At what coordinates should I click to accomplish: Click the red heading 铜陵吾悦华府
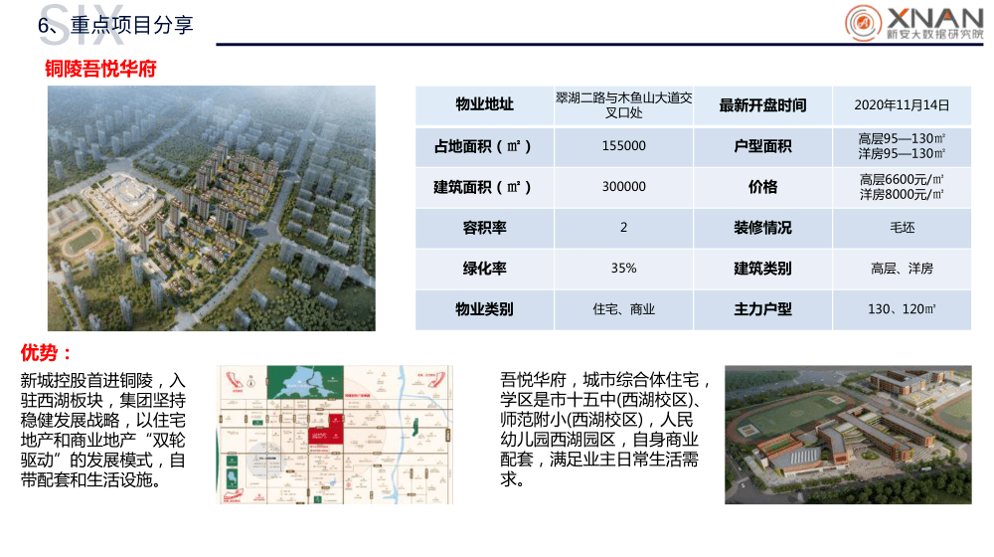point(100,69)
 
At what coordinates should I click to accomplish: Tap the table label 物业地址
point(484,105)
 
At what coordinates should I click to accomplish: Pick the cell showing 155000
point(623,146)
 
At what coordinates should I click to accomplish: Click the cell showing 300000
point(623,187)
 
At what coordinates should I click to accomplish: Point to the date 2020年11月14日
point(902,105)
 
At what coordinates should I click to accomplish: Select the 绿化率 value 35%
point(623,269)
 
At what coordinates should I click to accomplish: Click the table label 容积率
point(484,228)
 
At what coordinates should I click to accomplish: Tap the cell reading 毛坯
point(902,228)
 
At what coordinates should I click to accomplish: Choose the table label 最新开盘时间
point(762,105)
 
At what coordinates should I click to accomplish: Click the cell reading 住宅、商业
point(623,309)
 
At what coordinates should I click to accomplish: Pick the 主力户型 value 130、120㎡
point(902,309)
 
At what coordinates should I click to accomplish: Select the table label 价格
point(762,187)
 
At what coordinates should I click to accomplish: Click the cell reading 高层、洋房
point(902,269)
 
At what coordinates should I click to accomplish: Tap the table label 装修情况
point(762,228)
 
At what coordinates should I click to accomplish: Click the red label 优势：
point(46,353)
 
